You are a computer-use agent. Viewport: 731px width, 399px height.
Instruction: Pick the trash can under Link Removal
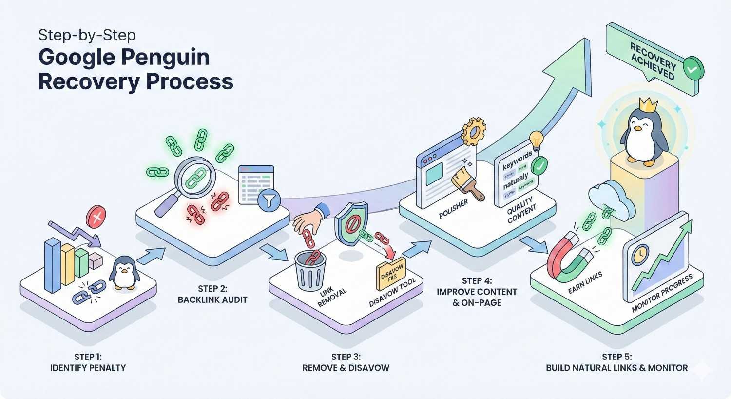pos(310,270)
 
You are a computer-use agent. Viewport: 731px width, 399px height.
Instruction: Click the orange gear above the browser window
pos(473,130)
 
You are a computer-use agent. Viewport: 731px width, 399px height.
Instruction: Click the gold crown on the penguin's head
pos(647,103)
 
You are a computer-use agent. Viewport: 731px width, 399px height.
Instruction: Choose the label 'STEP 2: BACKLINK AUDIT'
pos(212,294)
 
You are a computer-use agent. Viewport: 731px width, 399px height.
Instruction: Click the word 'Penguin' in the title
pos(166,58)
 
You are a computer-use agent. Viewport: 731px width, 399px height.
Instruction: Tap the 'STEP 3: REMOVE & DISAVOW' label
pos(346,362)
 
